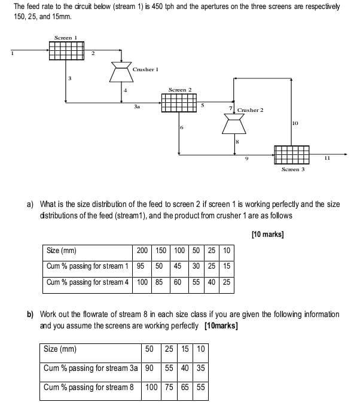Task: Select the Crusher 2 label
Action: pos(250,111)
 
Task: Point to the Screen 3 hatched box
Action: pos(292,154)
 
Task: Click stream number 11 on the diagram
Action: pos(327,158)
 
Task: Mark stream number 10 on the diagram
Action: pos(295,123)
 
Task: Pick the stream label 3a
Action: pos(137,106)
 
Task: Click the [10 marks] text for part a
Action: pos(267,235)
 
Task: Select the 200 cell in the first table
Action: pos(142,251)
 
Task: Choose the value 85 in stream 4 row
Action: pos(159,282)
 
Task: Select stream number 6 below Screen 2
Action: pos(181,128)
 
